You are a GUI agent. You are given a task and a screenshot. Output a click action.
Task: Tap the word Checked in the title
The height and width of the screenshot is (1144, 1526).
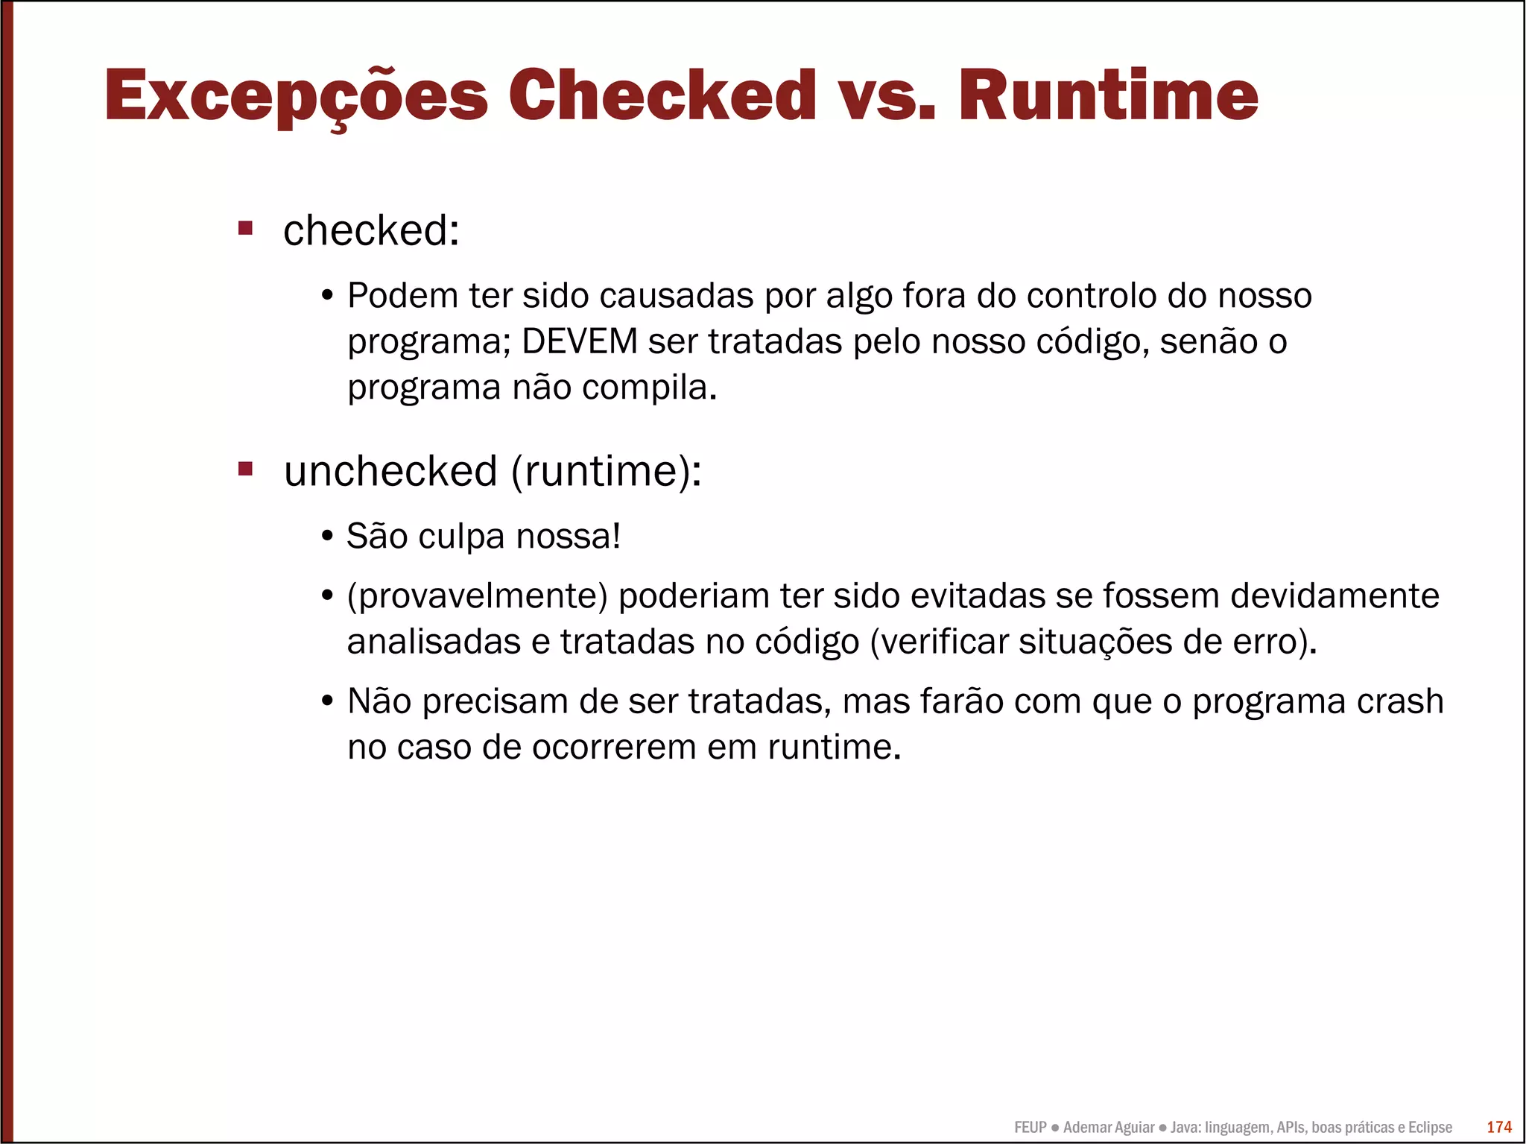click(x=662, y=95)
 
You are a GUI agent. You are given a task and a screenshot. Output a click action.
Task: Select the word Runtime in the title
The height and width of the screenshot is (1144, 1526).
click(x=1109, y=95)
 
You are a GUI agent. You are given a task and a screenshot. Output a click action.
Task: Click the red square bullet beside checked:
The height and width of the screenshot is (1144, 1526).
click(x=245, y=227)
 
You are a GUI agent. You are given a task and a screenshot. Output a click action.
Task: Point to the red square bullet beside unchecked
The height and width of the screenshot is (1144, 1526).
click(x=245, y=469)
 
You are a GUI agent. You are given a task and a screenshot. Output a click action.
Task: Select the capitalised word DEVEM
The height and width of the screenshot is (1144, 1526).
click(x=580, y=342)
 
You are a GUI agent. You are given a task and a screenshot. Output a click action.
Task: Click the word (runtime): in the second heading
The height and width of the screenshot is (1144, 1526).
click(x=606, y=472)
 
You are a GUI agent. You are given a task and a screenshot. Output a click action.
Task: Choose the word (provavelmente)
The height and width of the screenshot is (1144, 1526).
click(x=478, y=597)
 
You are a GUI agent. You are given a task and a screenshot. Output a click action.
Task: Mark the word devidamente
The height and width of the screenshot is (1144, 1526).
click(x=1335, y=596)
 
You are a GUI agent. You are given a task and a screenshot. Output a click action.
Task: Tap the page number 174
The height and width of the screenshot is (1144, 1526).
click(x=1498, y=1128)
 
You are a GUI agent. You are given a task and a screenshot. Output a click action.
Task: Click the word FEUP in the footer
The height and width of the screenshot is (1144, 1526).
click(x=1030, y=1128)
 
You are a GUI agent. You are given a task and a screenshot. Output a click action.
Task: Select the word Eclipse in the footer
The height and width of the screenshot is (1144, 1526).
click(x=1430, y=1128)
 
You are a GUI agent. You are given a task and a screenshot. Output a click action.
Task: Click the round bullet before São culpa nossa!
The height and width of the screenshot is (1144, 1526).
click(x=326, y=537)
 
